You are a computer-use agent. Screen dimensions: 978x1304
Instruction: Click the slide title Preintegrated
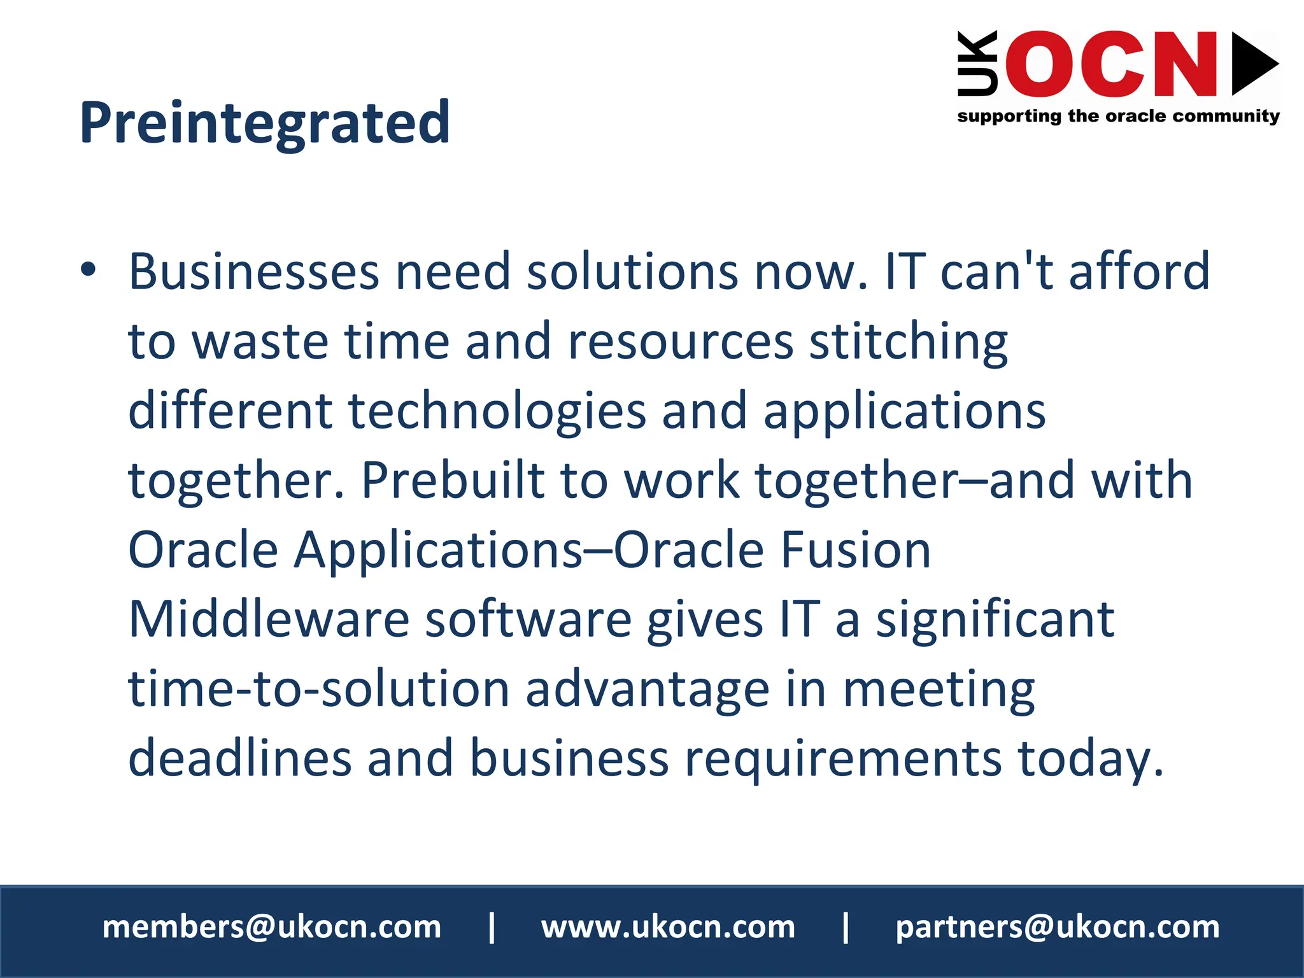tap(265, 123)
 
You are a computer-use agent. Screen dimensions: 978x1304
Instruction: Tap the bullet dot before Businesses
tap(89, 269)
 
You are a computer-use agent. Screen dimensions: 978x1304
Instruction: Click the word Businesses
tap(254, 272)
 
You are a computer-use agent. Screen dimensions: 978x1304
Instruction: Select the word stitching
tap(909, 342)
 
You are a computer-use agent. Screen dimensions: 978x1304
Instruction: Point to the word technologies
tap(497, 411)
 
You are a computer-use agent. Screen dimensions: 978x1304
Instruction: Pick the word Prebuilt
tap(452, 480)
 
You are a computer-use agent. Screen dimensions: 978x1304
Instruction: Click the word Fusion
tap(855, 550)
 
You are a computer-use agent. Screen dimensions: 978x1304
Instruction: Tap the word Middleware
tap(269, 620)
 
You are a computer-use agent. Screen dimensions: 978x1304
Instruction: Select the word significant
tap(995, 620)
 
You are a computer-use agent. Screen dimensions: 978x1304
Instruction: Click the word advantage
tap(648, 690)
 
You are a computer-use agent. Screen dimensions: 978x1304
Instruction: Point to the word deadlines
tap(240, 758)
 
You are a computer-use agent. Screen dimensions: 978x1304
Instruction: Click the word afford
tap(1139, 272)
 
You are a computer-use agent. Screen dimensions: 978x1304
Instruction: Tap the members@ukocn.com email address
tap(272, 927)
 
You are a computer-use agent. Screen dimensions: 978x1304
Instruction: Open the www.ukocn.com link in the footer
tap(668, 927)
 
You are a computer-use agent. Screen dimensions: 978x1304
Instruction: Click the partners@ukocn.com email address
tap(1058, 927)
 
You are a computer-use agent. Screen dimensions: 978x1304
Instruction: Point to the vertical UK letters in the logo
tap(977, 64)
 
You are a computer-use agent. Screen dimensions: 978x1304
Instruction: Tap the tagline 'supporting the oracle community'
tap(1118, 117)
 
